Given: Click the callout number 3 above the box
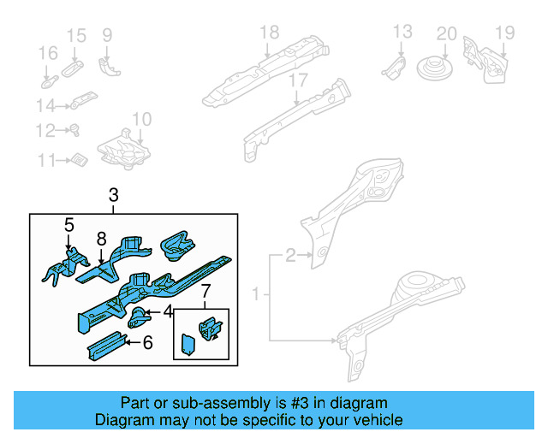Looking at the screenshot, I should click(114, 197).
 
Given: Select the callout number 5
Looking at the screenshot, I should click(68, 225).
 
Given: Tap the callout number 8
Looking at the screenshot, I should click(101, 240).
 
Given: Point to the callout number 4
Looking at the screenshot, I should click(168, 311).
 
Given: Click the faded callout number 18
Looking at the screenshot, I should click(269, 33).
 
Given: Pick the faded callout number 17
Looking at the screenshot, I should click(296, 80).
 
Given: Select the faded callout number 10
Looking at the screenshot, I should click(141, 119).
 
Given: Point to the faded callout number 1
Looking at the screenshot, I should click(256, 295).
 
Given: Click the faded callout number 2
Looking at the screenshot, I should click(291, 254).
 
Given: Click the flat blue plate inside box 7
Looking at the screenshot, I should click(187, 344).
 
